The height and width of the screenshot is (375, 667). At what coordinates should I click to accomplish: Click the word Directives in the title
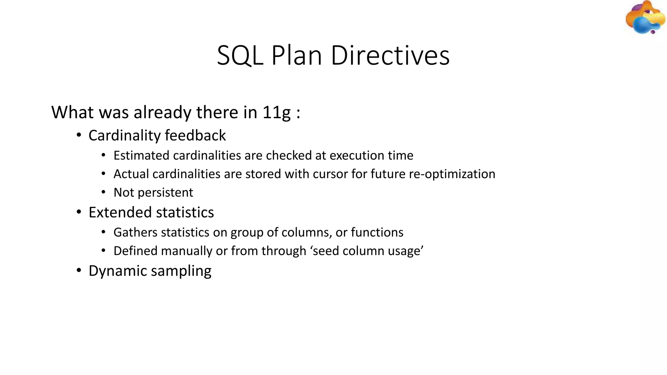point(390,56)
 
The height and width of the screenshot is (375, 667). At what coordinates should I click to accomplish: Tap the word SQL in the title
point(240,56)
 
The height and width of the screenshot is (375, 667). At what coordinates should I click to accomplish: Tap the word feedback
point(195,135)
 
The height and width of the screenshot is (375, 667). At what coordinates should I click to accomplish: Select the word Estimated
point(141,156)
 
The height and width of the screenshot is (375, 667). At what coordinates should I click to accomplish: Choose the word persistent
point(165,193)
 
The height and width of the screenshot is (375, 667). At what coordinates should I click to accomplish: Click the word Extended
point(121,213)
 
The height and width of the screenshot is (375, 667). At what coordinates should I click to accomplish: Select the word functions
point(377,232)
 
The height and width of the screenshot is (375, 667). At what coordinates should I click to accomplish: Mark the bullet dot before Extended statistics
point(78,212)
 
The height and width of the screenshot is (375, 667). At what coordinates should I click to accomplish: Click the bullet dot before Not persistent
point(103,192)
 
